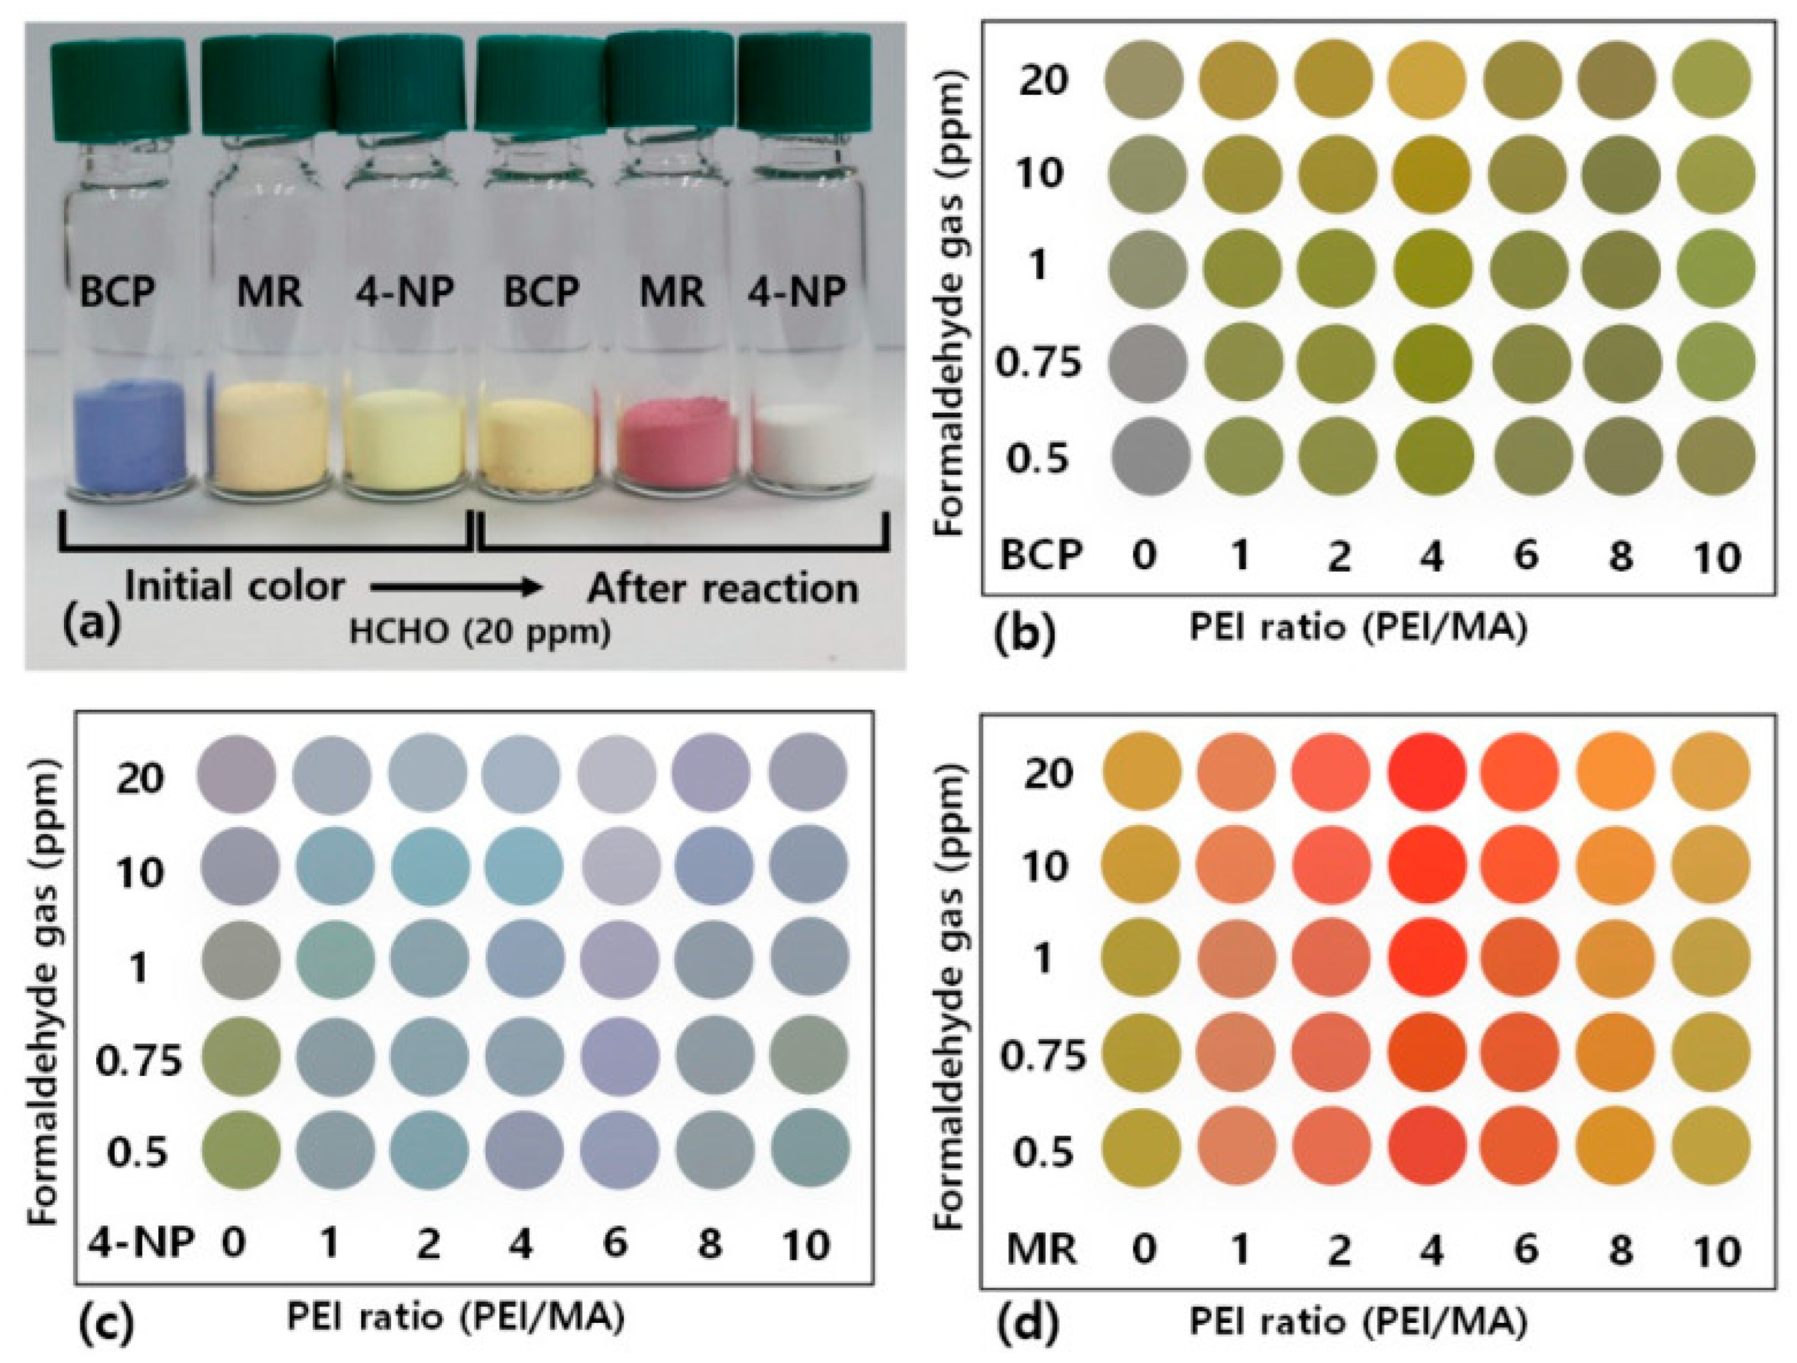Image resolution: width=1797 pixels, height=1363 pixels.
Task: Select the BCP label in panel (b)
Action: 1041,556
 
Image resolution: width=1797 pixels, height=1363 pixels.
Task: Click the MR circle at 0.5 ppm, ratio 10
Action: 1712,1151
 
